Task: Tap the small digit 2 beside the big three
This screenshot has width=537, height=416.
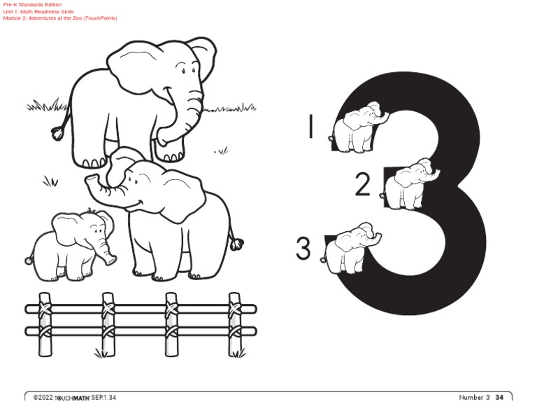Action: pyautogui.click(x=362, y=184)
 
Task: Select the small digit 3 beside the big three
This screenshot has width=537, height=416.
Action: pyautogui.click(x=303, y=249)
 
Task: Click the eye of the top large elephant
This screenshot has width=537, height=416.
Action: pyautogui.click(x=184, y=69)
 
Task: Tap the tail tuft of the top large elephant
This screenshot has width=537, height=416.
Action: pyautogui.click(x=57, y=132)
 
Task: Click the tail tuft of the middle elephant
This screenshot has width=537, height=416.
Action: pyautogui.click(x=238, y=244)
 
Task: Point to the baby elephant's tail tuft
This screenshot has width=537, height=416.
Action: pyautogui.click(x=29, y=261)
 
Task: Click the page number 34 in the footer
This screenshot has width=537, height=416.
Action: pyautogui.click(x=499, y=398)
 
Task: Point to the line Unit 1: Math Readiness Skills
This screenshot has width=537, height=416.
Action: pyautogui.click(x=38, y=11)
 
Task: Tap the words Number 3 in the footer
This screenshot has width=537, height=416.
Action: pyautogui.click(x=474, y=398)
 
